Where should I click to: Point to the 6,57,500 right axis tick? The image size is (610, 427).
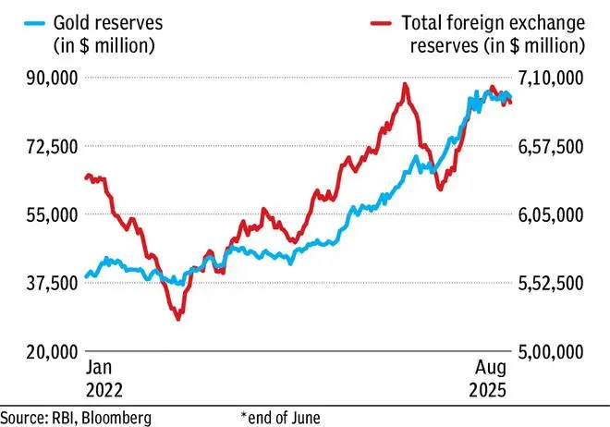552,146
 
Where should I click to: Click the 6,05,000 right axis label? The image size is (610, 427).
552,214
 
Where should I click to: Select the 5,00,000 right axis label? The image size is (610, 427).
552,351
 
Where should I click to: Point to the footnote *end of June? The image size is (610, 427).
280,417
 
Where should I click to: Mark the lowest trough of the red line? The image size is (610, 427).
177,319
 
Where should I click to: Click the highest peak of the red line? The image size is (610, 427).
405,84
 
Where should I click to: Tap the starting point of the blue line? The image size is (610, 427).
86,276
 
